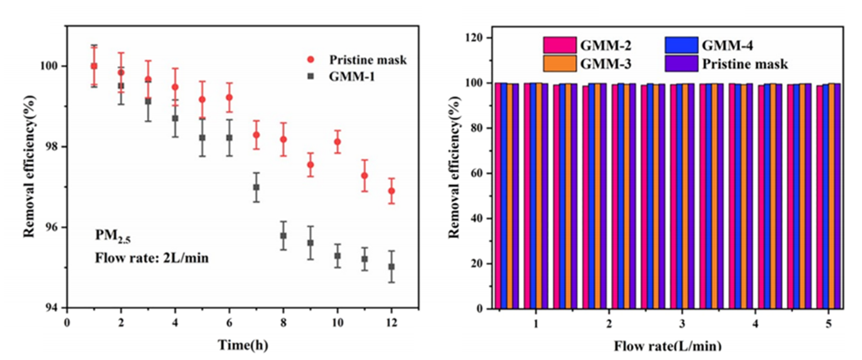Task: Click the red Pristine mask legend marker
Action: pos(312,60)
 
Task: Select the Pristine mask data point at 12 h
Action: pos(392,191)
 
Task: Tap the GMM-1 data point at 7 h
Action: pos(256,187)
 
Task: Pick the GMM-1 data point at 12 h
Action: pos(392,267)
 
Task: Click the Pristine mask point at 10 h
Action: pos(337,142)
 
